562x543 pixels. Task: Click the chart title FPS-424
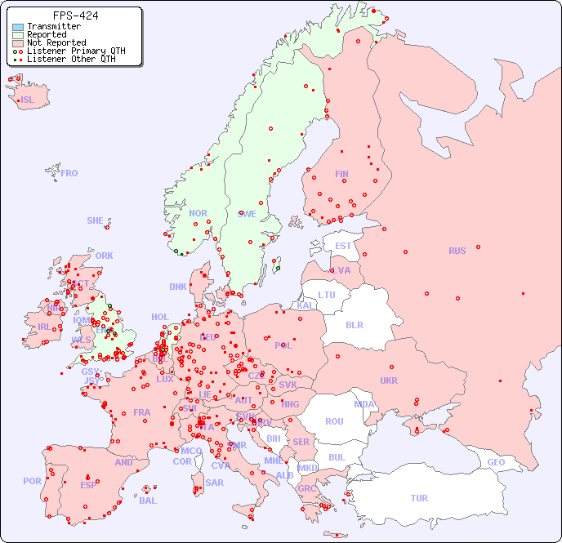[x=75, y=16]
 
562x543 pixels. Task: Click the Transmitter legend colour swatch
[x=18, y=27]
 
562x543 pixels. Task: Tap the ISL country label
[x=28, y=100]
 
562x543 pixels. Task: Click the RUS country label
[x=457, y=251]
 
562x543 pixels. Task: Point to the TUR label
[x=419, y=498]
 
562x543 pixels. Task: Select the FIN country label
[x=341, y=174]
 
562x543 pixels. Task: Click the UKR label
[x=389, y=381]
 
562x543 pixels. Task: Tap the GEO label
[x=496, y=462]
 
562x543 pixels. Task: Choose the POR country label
[x=32, y=481]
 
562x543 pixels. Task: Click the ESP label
[x=88, y=484]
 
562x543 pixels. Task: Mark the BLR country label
[x=354, y=324]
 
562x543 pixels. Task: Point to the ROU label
[x=334, y=421]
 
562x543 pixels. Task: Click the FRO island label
[x=69, y=173]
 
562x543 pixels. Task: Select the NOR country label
[x=198, y=213]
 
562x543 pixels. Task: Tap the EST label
[x=343, y=246]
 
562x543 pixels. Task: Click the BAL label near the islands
[x=148, y=501]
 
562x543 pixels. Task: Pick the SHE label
[x=96, y=220]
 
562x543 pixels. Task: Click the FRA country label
[x=142, y=412]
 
